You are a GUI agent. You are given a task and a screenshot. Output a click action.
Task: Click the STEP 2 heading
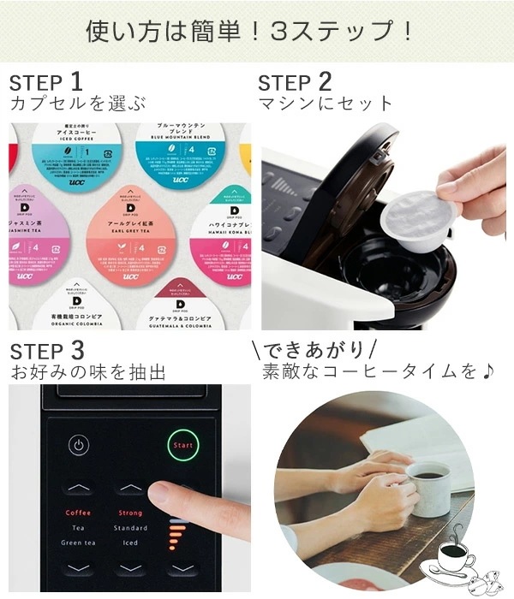[x=295, y=82]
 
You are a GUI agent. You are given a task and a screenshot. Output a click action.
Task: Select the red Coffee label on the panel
[x=78, y=513]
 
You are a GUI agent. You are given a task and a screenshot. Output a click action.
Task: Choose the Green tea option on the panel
[x=78, y=542]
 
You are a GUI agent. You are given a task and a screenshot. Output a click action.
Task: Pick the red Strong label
[x=130, y=513]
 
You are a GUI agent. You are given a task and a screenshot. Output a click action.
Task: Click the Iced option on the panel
[x=130, y=542]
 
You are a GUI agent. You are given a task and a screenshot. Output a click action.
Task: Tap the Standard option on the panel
[x=130, y=527]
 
